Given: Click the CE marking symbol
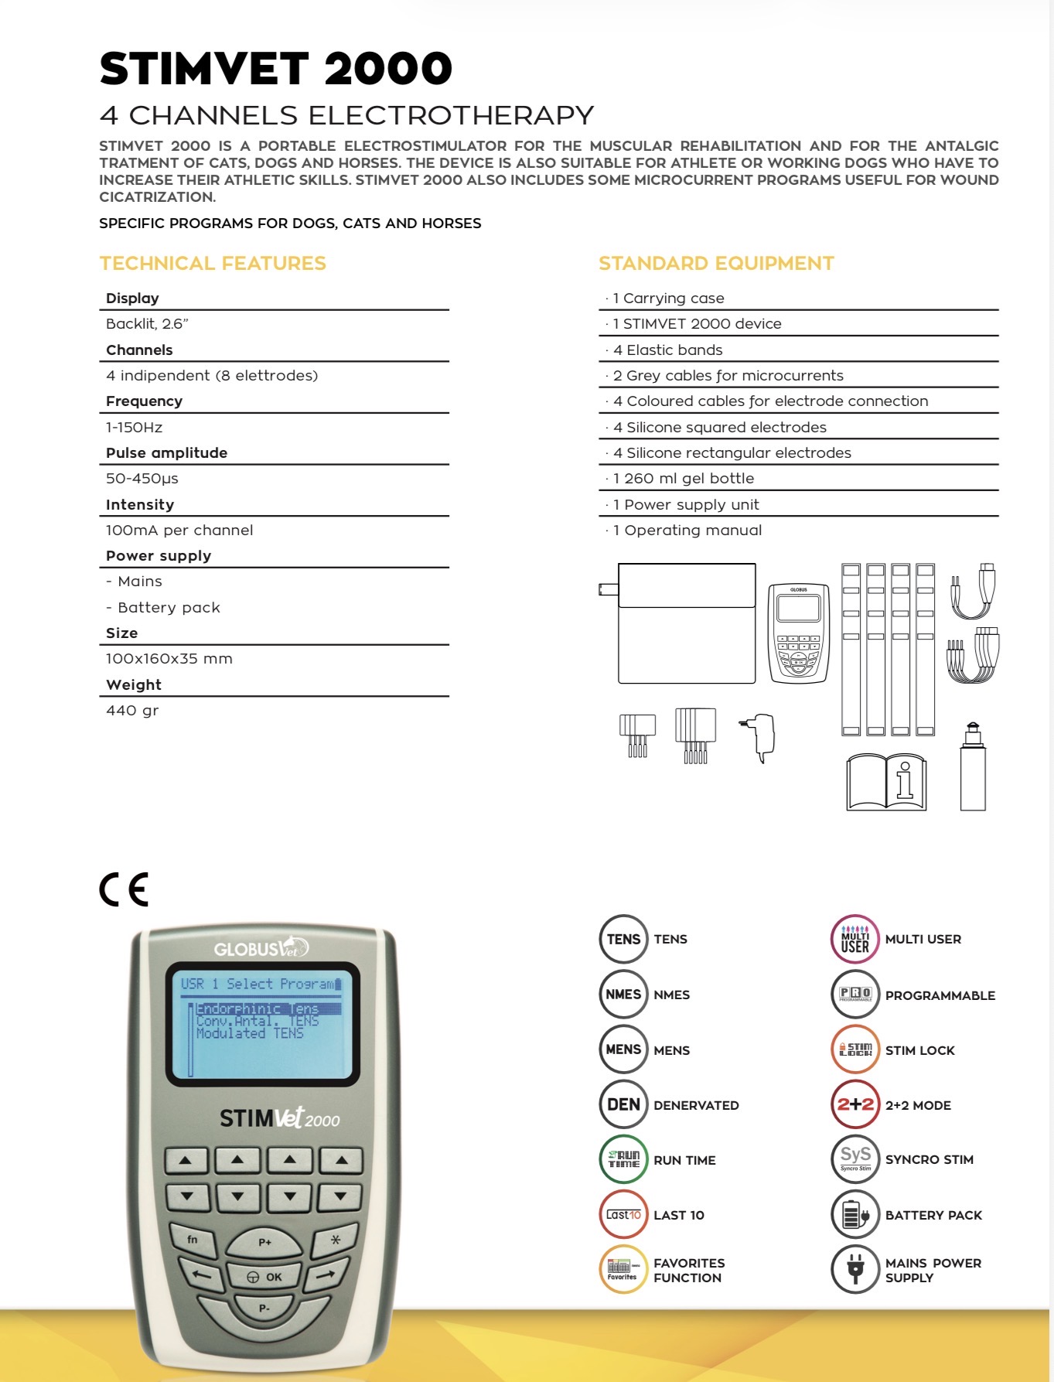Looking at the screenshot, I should click(x=124, y=889).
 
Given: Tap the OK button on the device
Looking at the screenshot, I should click(x=264, y=1277).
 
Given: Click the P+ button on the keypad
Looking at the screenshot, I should click(x=264, y=1242).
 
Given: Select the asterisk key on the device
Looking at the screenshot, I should click(x=335, y=1239).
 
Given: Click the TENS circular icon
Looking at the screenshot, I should click(x=623, y=939).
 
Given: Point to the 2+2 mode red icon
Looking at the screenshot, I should click(x=855, y=1104).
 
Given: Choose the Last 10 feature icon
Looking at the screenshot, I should click(x=623, y=1215).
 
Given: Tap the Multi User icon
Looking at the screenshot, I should click(x=855, y=939).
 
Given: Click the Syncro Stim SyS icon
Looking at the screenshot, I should click(x=855, y=1159).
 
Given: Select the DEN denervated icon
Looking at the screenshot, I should click(x=623, y=1104).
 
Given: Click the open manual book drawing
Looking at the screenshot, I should click(x=886, y=783).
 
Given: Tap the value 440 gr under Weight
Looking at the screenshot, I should click(x=132, y=710).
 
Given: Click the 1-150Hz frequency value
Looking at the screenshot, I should click(x=135, y=427).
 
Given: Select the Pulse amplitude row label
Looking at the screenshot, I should click(x=166, y=452).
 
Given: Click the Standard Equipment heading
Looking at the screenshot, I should click(x=716, y=264).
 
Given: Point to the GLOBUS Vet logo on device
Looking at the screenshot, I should click(x=261, y=947).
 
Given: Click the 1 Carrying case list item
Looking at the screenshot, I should click(x=669, y=298).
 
